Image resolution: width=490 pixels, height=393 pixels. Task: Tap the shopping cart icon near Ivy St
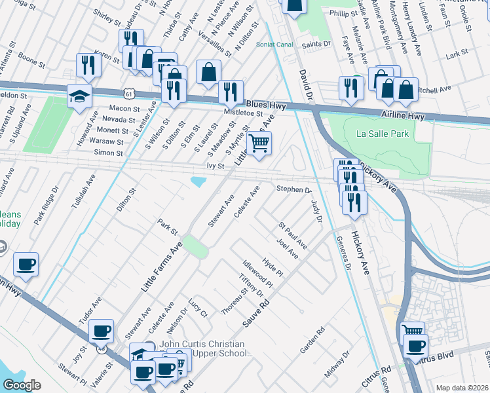coord(259,143)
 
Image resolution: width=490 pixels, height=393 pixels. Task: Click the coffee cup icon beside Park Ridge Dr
coord(26,264)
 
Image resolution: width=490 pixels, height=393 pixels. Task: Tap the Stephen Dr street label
coord(293,189)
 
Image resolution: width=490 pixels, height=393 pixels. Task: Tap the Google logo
coord(22,385)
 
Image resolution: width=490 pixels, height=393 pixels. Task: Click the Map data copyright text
coord(462,388)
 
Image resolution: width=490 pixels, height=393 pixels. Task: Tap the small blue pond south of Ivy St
coord(198,181)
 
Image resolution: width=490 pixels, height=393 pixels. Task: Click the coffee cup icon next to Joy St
coord(102,331)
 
